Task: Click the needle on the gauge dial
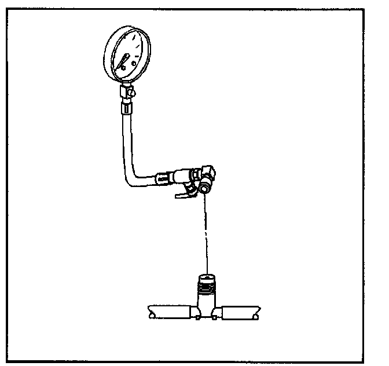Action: coord(124,61)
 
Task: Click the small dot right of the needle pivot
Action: coord(134,63)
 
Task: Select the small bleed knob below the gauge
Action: coord(133,91)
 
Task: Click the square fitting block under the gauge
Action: coord(124,91)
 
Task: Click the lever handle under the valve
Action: coord(184,193)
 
